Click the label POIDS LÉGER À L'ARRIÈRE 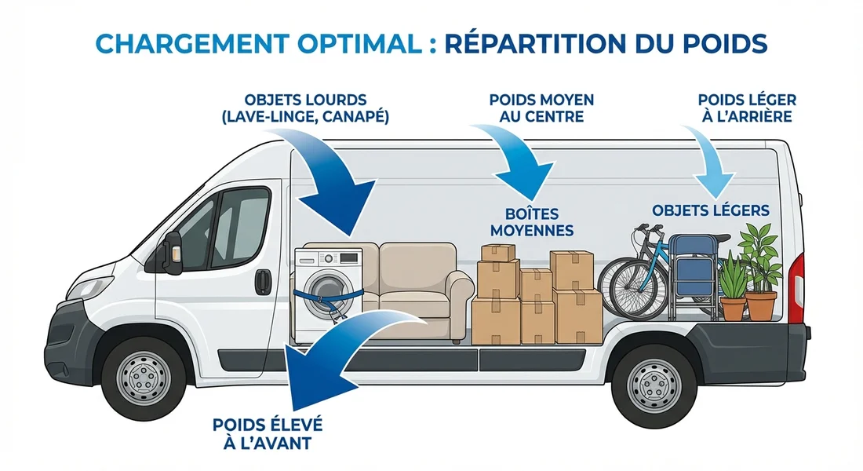tap(746, 108)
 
